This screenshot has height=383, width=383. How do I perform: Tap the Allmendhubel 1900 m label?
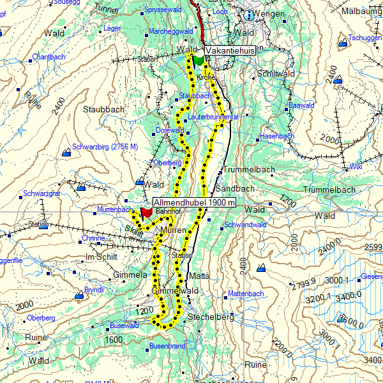coord(195,202)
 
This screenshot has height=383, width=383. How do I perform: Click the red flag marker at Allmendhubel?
coord(146,211)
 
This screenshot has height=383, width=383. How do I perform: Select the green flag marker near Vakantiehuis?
coord(199,60)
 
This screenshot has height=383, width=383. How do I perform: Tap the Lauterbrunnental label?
coord(213,117)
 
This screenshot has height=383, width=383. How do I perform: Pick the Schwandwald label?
coord(246,225)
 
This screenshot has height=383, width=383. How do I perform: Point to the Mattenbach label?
coord(246,294)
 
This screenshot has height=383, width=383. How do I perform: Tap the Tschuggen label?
coord(365,37)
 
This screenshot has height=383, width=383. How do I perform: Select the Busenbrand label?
coord(167,346)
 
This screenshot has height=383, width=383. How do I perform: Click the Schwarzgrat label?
coord(41,193)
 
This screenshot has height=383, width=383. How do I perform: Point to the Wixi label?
coord(356,166)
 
